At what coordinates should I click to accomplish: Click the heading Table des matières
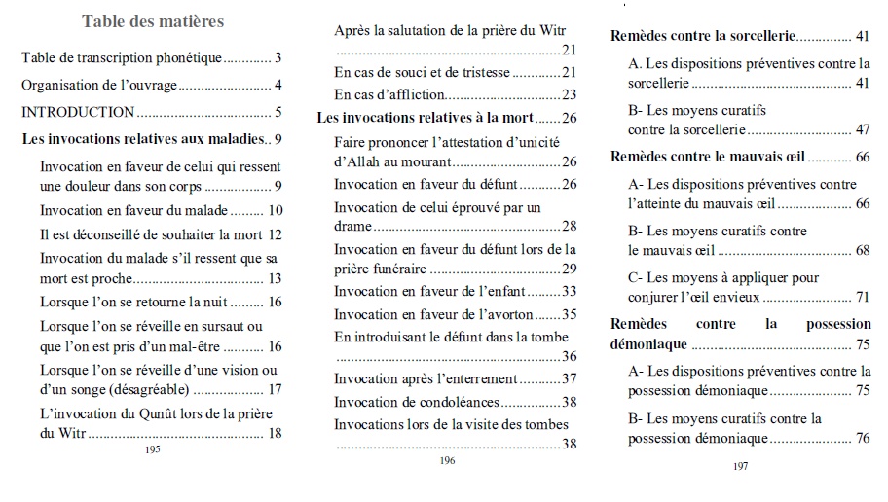tap(153, 20)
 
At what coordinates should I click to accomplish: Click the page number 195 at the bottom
tap(152, 449)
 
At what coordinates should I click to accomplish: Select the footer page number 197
tap(740, 466)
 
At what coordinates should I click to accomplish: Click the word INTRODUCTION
tap(78, 112)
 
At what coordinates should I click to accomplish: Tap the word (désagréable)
tap(142, 390)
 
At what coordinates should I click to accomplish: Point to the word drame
tap(353, 226)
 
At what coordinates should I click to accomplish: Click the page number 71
tap(862, 297)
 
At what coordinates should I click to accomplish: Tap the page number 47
tap(862, 129)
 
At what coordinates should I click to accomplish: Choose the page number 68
tap(862, 250)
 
